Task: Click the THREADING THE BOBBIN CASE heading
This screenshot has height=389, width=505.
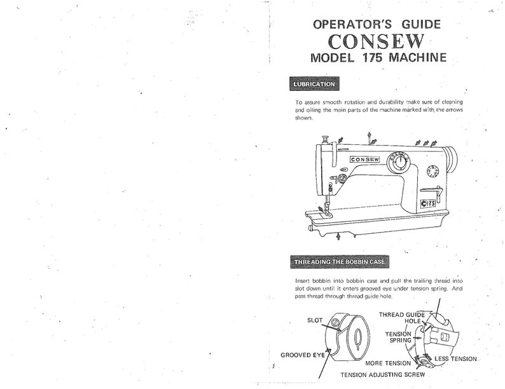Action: [338, 261]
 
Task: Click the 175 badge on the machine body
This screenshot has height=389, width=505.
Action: [427, 203]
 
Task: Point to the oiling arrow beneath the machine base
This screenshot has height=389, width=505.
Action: [337, 236]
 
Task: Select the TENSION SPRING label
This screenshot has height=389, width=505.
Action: [396, 337]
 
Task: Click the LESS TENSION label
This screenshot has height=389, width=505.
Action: [455, 359]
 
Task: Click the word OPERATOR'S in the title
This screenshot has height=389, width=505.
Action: [342, 24]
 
